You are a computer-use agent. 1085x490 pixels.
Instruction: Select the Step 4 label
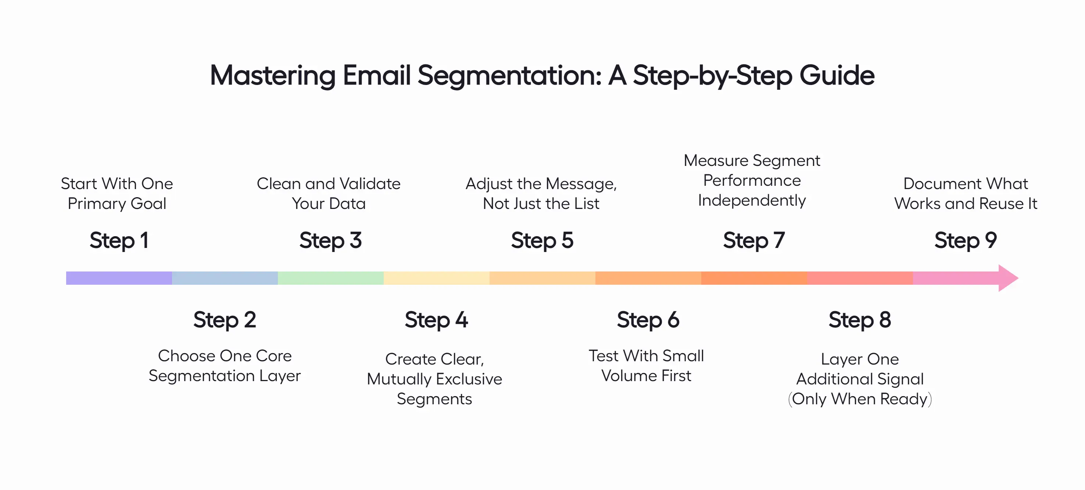[x=436, y=320]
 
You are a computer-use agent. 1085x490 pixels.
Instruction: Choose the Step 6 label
[x=648, y=320]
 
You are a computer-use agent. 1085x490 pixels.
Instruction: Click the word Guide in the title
[x=837, y=76]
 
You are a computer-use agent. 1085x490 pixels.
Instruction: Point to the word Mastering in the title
[x=272, y=76]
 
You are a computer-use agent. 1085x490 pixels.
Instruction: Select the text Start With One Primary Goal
[x=117, y=193]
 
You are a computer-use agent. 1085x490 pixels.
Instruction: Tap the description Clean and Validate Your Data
[x=329, y=193]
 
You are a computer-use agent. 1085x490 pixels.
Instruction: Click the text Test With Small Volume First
[x=646, y=366]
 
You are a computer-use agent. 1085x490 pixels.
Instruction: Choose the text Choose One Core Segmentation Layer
[x=225, y=366]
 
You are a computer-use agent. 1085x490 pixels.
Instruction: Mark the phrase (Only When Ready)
[x=860, y=399]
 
